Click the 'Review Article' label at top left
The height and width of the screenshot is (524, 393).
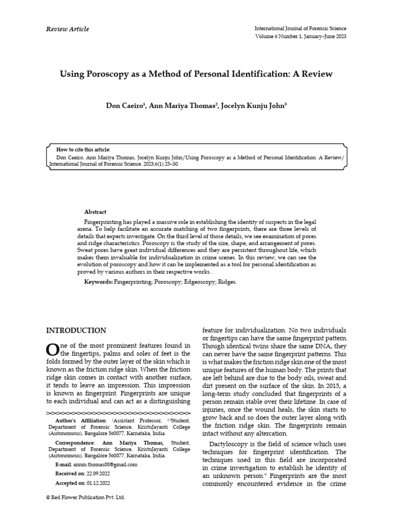pyautogui.click(x=68, y=29)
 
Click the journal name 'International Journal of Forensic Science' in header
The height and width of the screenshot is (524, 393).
pyautogui.click(x=300, y=29)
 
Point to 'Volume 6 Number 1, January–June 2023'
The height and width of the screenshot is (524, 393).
pyautogui.click(x=300, y=37)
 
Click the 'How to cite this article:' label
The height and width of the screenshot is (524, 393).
pyautogui.click(x=83, y=149)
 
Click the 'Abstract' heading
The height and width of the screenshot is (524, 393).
pyautogui.click(x=95, y=212)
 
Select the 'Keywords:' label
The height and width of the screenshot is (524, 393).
pyautogui.click(x=98, y=282)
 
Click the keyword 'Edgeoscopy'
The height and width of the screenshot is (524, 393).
pyautogui.click(x=195, y=282)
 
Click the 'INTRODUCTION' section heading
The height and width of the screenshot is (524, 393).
pyautogui.click(x=76, y=331)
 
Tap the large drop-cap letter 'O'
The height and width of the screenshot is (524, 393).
pyautogui.click(x=53, y=350)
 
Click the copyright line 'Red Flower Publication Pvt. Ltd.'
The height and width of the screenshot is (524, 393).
pyautogui.click(x=88, y=497)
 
